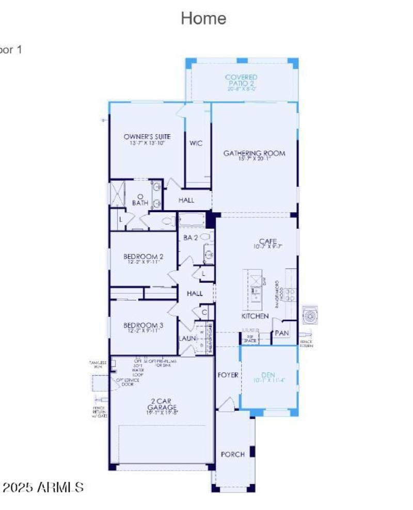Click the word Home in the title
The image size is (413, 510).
(x=203, y=19)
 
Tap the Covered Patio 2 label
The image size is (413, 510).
(x=241, y=81)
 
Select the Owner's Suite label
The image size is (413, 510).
(x=147, y=137)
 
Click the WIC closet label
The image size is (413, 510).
(x=196, y=143)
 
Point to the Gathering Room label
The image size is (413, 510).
(x=254, y=153)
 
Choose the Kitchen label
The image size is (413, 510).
(x=255, y=316)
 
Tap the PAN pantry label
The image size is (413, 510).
(x=281, y=333)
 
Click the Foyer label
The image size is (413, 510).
(x=228, y=375)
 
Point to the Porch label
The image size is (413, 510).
(x=232, y=454)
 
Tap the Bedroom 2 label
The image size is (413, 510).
(x=144, y=257)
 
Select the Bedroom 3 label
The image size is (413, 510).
(x=144, y=325)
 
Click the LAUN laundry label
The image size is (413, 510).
(x=186, y=339)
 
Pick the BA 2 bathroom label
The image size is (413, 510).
(x=190, y=238)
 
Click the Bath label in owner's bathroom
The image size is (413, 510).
(x=140, y=203)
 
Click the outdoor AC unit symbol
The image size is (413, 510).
(x=310, y=314)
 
